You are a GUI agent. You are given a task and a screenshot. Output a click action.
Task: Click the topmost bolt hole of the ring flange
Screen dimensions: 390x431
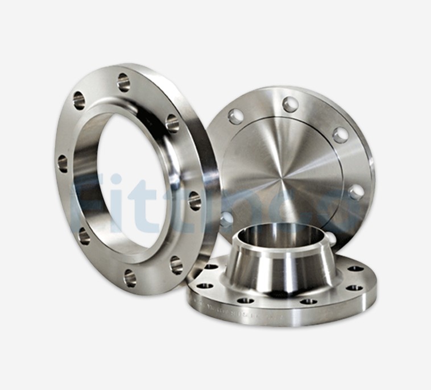(123, 82)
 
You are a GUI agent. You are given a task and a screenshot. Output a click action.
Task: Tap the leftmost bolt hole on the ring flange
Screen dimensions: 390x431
(63, 164)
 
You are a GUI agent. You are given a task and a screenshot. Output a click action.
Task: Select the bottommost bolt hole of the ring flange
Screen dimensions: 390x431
(130, 277)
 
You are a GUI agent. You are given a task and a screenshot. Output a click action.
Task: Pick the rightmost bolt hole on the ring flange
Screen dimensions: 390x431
(194, 200)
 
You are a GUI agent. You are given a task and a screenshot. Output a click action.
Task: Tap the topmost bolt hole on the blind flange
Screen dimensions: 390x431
(291, 104)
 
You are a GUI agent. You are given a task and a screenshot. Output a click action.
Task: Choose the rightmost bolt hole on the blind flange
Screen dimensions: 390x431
(356, 192)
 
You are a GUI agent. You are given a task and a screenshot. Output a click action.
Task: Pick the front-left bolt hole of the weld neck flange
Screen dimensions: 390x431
(246, 300)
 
